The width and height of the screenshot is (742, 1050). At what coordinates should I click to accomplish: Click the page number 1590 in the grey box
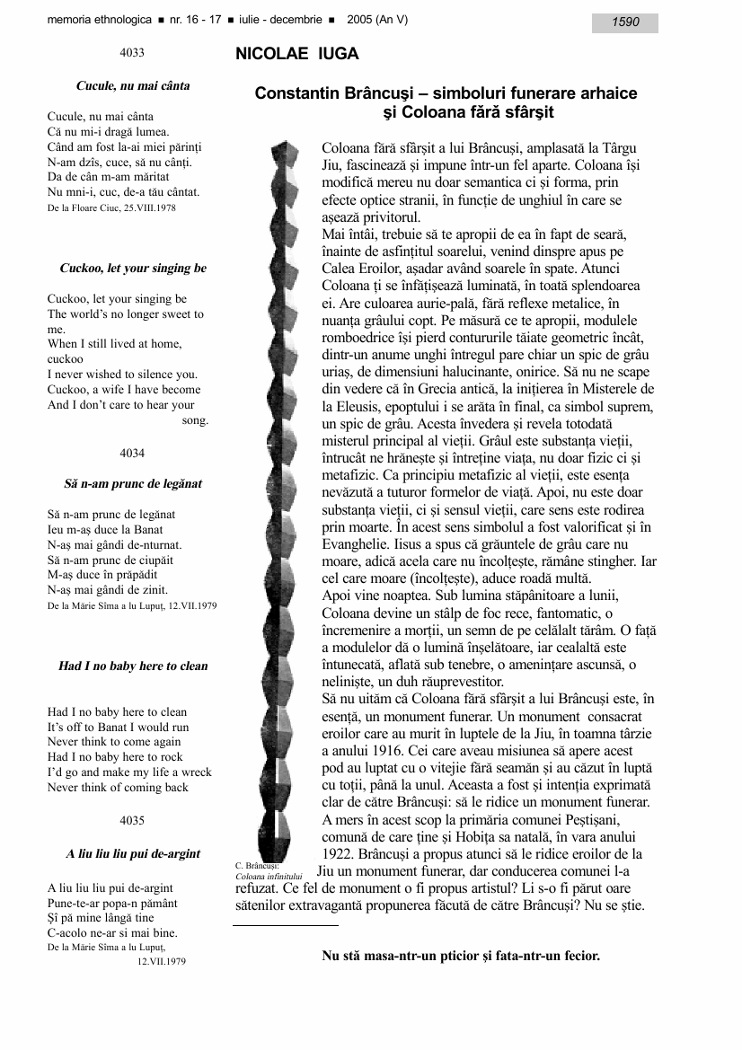(x=625, y=22)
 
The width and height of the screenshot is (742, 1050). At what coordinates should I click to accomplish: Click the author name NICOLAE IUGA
(x=296, y=55)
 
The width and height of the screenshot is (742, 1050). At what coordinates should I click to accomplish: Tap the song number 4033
(x=132, y=54)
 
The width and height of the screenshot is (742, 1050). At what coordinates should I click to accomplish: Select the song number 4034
(x=132, y=453)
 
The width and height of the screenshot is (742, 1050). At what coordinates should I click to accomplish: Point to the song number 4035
(x=132, y=821)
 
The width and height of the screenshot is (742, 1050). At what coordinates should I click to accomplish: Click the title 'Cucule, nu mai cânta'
(x=133, y=86)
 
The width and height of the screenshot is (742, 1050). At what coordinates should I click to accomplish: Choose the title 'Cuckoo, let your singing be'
(x=133, y=269)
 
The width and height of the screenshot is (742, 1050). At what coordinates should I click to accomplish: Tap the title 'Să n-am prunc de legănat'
(x=133, y=484)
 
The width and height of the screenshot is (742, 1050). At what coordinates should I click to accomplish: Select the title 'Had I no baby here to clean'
(x=133, y=666)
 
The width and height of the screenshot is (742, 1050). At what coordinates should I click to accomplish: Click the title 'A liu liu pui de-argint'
(x=133, y=854)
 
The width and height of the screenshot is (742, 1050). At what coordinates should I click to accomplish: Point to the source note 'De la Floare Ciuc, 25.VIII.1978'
(x=111, y=208)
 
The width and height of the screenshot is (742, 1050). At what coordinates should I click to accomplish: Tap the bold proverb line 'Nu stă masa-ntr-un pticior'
(x=460, y=956)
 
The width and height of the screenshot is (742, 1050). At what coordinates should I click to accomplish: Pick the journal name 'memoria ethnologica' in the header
(x=95, y=21)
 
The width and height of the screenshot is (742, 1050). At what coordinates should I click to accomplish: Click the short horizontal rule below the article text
(x=285, y=924)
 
